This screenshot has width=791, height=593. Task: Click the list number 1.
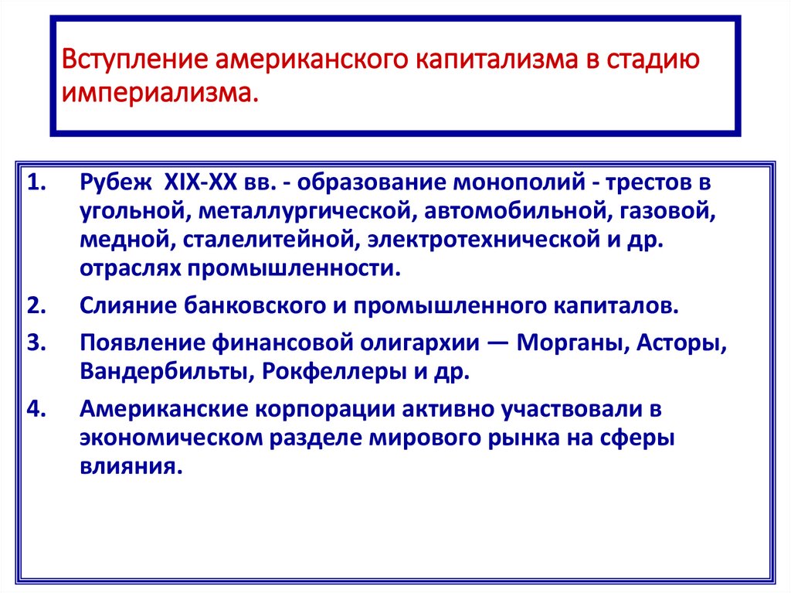[x=36, y=184]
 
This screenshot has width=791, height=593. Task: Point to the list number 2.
[x=36, y=305]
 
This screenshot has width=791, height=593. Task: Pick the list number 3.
[x=36, y=342]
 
